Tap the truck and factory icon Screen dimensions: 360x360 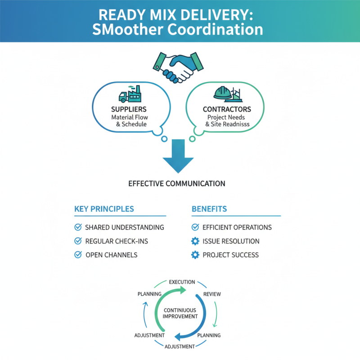click(129, 94)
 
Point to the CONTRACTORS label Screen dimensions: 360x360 click(227, 109)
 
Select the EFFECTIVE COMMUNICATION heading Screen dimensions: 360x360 click(177, 184)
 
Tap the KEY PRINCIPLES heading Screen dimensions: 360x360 click(104, 209)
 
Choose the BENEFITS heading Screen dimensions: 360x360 click(209, 209)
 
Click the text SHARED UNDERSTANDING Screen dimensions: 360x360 click(125, 228)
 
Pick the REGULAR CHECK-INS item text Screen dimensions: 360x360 click(117, 241)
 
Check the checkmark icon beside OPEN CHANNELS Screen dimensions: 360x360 click(77, 255)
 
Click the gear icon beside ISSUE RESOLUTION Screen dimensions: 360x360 click(195, 241)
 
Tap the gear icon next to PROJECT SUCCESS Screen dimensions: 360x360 click(195, 255)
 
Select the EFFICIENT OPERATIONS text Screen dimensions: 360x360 click(237, 228)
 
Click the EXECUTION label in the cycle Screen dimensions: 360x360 click(182, 282)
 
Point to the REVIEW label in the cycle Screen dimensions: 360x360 click(212, 294)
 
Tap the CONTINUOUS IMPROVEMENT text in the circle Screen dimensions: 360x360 click(180, 313)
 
